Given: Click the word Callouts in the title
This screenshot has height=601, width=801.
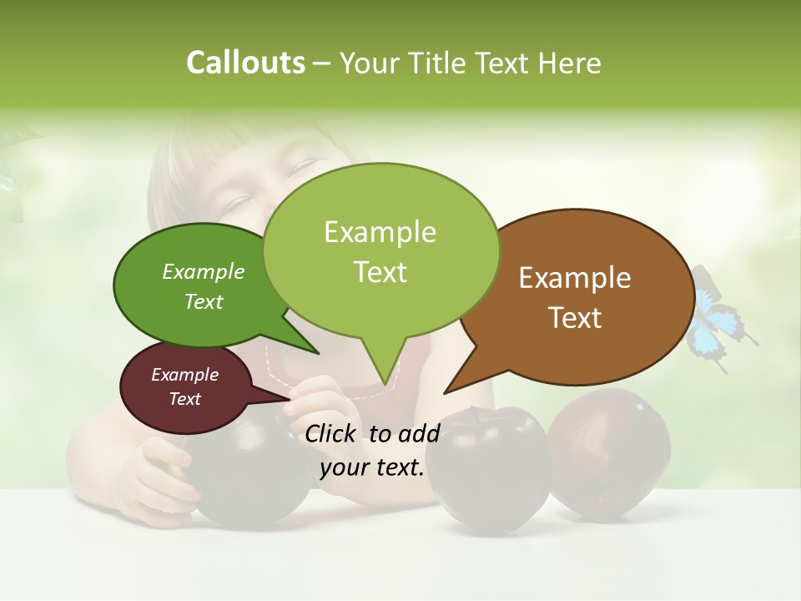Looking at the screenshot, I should tap(245, 63).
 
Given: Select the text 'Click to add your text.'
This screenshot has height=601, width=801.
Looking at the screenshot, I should tap(372, 450).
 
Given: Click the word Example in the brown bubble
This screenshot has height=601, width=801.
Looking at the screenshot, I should tap(575, 278).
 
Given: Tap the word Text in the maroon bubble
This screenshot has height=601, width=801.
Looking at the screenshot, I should tap(185, 399).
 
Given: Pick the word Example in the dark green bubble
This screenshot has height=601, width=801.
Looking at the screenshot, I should tap(204, 271).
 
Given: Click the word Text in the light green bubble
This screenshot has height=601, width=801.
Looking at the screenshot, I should tap(380, 272).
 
